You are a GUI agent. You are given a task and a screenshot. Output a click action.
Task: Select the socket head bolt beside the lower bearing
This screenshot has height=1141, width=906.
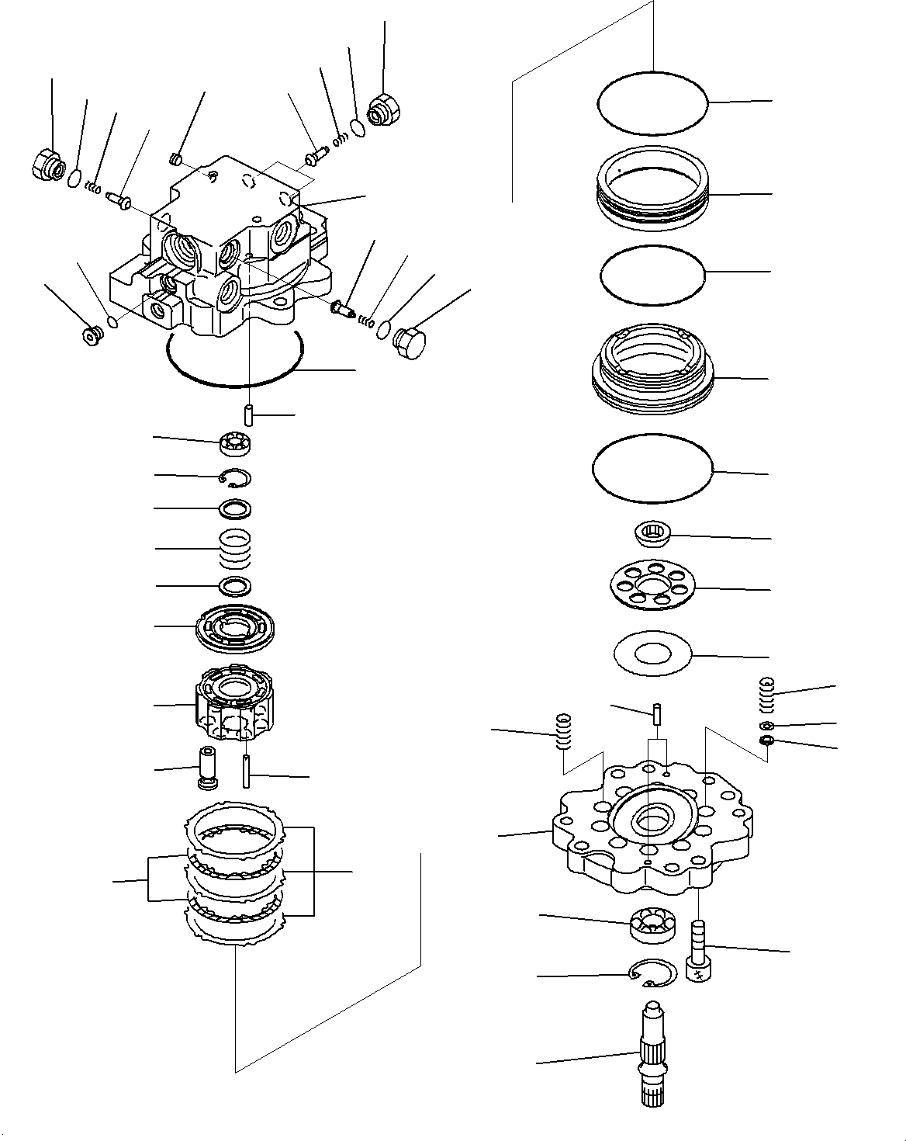[698, 950]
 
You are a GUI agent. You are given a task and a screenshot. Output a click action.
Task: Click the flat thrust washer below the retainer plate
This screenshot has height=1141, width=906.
[652, 656]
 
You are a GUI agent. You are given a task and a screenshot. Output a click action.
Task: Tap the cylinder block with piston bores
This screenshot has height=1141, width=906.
[233, 705]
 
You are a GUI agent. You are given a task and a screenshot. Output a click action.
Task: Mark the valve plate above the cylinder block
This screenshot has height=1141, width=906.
[235, 627]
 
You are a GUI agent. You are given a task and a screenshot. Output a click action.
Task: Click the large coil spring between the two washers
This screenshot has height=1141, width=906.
[235, 547]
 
